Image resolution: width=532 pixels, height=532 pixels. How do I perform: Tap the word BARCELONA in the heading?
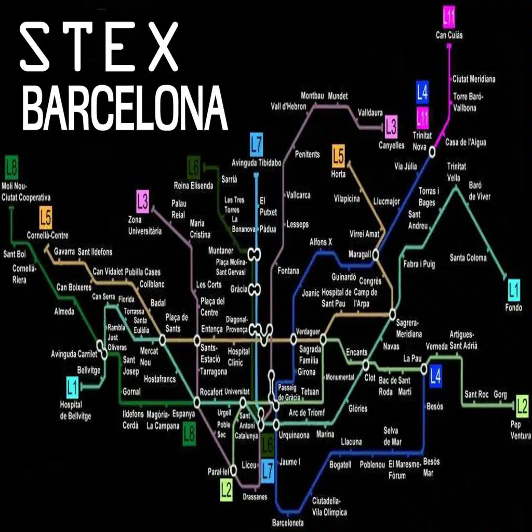point(125,109)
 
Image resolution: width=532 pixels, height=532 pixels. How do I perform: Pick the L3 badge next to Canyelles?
point(391,127)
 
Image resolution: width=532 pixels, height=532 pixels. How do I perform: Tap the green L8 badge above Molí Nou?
point(11,168)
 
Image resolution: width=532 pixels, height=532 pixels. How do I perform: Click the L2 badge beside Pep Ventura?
point(522,404)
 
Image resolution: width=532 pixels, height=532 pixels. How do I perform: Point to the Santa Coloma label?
point(468,258)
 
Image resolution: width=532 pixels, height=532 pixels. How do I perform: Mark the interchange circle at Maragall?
point(375,255)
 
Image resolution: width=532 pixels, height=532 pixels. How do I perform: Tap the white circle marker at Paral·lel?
point(233,469)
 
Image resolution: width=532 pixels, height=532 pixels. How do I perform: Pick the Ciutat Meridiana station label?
point(473,79)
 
